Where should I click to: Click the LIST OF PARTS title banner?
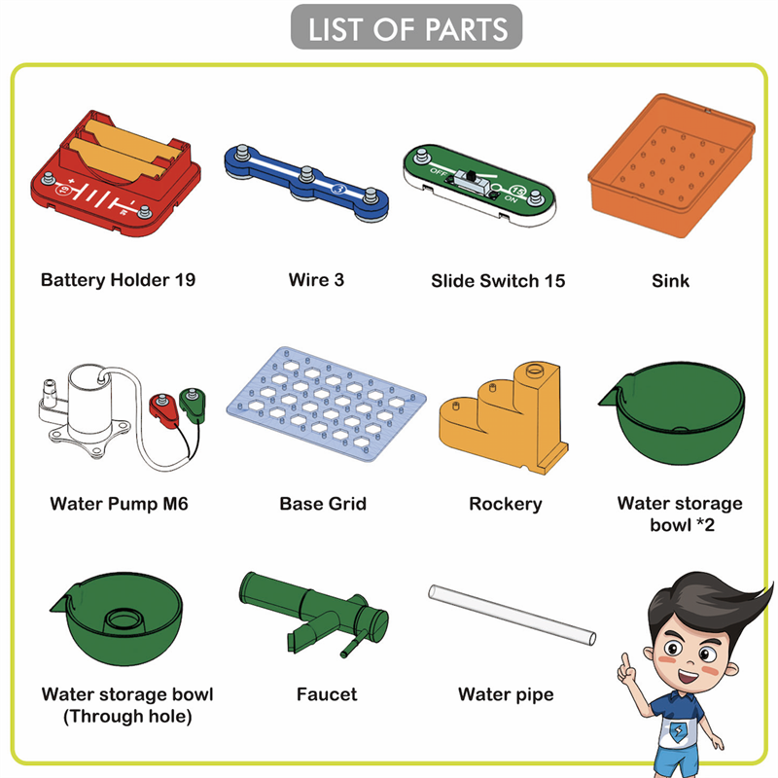click(x=407, y=27)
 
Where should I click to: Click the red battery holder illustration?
click(x=116, y=173)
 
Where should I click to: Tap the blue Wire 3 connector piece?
click(x=306, y=182)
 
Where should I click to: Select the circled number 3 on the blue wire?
click(x=337, y=189)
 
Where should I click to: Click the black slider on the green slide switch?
click(x=471, y=175)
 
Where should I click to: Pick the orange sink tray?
click(x=671, y=164)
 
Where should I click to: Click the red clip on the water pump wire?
click(x=163, y=409)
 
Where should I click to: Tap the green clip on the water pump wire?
click(x=193, y=404)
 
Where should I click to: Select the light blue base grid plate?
click(x=326, y=404)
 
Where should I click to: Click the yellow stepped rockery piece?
click(x=504, y=418)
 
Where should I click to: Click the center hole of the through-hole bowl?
click(x=125, y=619)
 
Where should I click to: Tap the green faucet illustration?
click(x=313, y=614)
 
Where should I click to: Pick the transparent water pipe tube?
click(x=513, y=615)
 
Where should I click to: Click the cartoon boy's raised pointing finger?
click(x=626, y=662)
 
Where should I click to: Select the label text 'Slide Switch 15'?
click(x=498, y=281)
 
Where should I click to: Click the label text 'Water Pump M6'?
click(x=119, y=504)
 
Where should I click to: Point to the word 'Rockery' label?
click(x=506, y=504)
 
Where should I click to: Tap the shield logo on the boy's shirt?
click(x=678, y=730)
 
